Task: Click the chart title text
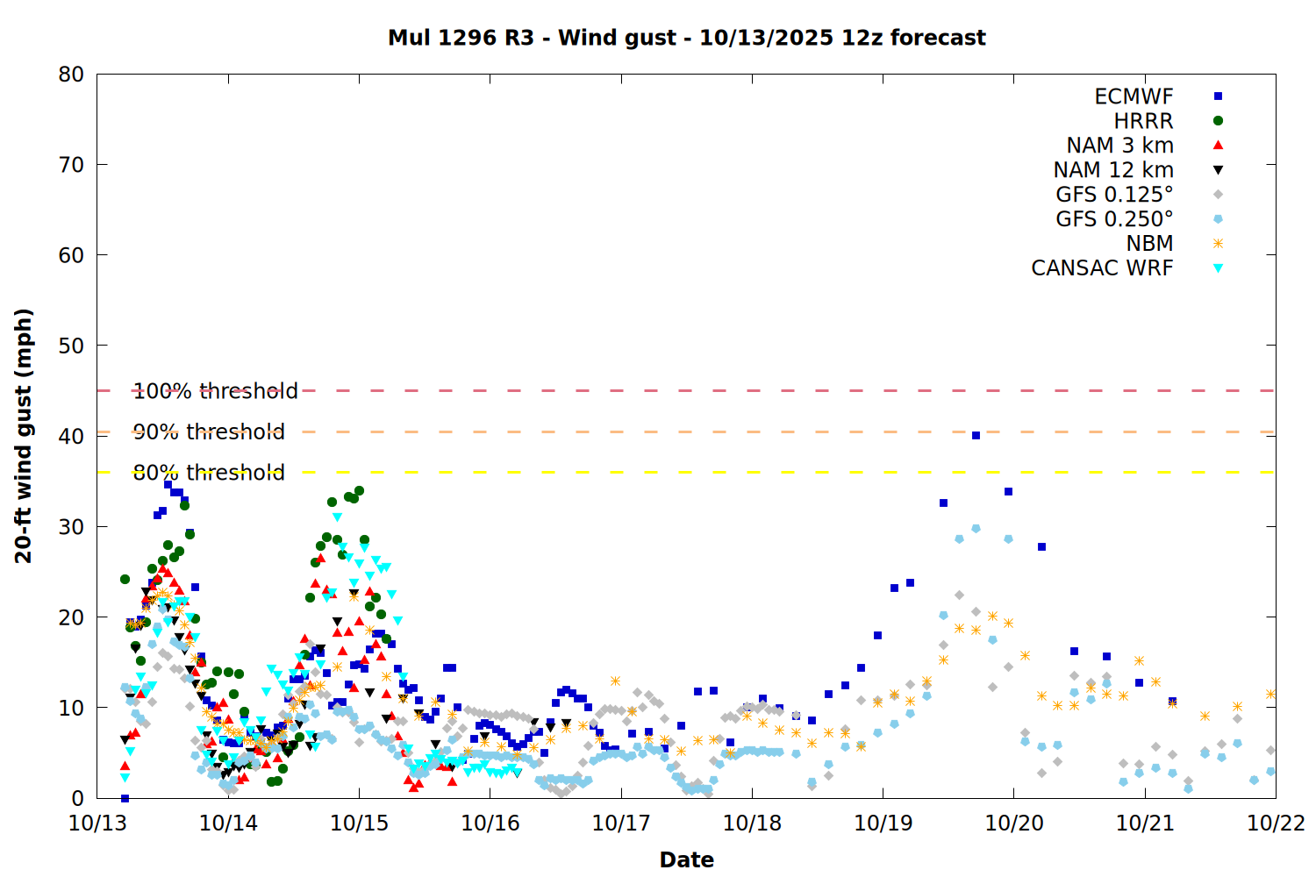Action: [x=686, y=38]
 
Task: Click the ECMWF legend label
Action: [x=1134, y=96]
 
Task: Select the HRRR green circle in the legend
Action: [x=1218, y=121]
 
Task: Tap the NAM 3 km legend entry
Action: [x=1119, y=146]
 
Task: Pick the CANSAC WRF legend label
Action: [x=1102, y=268]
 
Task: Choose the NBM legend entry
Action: [x=1149, y=244]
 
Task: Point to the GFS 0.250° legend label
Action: [x=1114, y=219]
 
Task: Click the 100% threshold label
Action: [x=215, y=391]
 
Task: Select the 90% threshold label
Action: [x=209, y=431]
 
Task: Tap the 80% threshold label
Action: [x=209, y=473]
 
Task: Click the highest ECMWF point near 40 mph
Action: [x=976, y=435]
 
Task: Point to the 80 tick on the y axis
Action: [x=71, y=75]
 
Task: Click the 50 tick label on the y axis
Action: [x=71, y=346]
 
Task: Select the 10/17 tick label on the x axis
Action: [x=621, y=824]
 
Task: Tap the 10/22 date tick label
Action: [x=1276, y=824]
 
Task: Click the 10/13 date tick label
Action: [x=97, y=824]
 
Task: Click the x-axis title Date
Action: [x=686, y=859]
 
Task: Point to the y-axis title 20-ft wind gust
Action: [x=24, y=436]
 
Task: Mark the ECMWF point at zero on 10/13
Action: [x=125, y=798]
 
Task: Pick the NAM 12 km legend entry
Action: [x=1113, y=170]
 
